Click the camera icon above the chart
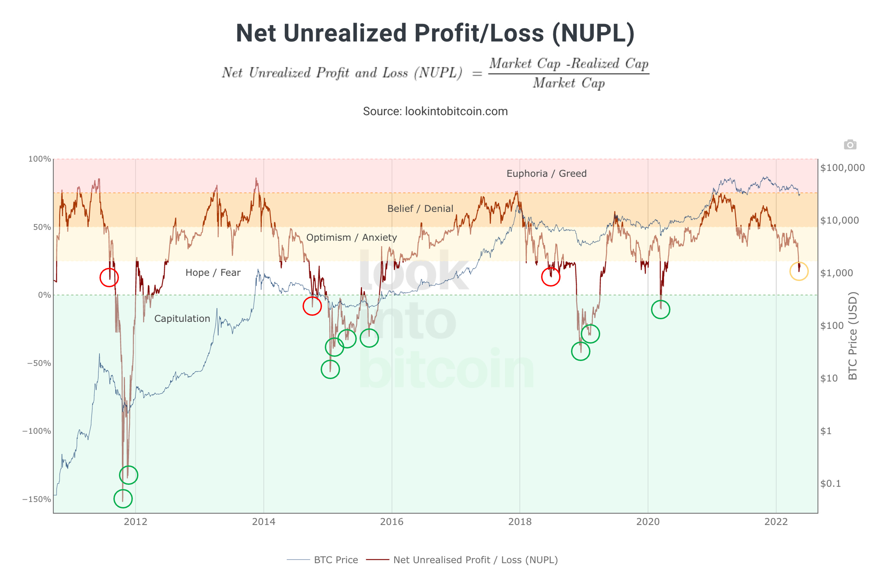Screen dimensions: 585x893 [850, 144]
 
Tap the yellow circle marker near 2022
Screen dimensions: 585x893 [799, 271]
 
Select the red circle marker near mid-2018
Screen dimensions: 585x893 [550, 277]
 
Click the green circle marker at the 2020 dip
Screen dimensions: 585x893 [660, 310]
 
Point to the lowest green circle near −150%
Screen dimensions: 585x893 [123, 499]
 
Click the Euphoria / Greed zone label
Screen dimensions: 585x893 [546, 173]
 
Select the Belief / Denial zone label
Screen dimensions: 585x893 [420, 209]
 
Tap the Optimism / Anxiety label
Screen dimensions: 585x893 [352, 238]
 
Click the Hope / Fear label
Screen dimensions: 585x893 [213, 272]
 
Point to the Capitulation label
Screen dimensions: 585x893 [182, 319]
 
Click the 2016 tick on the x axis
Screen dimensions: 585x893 [392, 522]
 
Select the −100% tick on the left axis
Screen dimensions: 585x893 [37, 431]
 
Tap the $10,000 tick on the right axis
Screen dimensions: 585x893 [839, 220]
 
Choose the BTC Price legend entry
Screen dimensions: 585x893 [336, 560]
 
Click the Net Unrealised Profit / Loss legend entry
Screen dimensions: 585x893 [475, 560]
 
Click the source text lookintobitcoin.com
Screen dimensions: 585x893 [456, 111]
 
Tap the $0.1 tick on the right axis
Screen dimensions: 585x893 [830, 483]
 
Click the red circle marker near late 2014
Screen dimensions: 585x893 [312, 306]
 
